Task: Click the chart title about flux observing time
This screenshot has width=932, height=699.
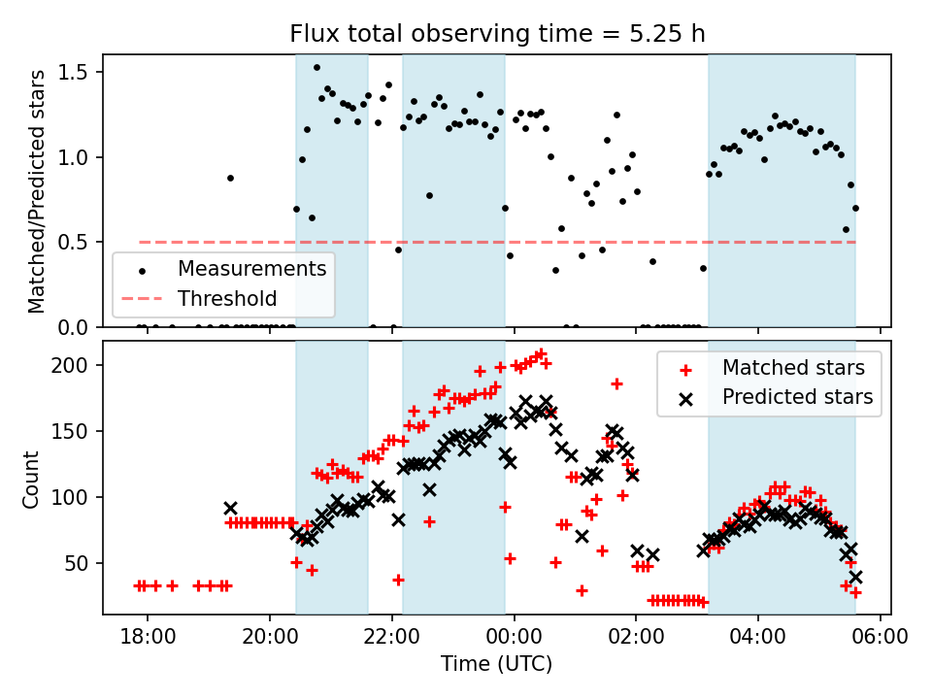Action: coord(497,34)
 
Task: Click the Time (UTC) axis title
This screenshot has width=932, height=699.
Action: coord(497,664)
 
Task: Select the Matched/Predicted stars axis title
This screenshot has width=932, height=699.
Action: coord(37,191)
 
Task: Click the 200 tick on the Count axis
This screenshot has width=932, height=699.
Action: coord(77,365)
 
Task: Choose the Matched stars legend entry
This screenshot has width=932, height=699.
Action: coord(796,368)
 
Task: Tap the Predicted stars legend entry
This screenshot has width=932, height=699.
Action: coord(796,396)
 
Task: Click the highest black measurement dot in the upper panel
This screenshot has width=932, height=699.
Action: coord(316,68)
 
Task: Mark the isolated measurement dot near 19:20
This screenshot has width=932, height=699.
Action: coord(230,178)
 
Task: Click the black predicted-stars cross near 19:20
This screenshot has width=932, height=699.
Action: coord(230,508)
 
